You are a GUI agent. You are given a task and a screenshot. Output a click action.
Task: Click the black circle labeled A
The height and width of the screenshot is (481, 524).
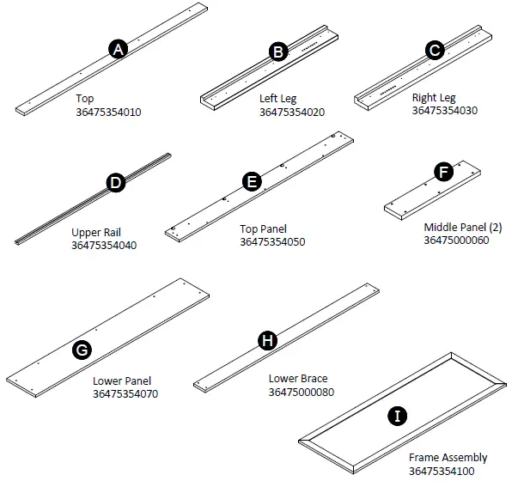coord(119,50)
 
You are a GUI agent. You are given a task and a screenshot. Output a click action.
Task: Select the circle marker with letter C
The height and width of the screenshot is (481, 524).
coord(436,51)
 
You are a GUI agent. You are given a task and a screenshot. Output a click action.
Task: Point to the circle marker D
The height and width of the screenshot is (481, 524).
coord(114,182)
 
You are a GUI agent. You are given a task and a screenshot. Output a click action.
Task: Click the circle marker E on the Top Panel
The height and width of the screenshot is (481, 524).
coord(252,181)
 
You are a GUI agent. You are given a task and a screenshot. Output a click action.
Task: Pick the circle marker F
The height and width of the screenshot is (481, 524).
coord(444,172)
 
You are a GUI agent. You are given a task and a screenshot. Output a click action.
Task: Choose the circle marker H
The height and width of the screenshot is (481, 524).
coord(268,341)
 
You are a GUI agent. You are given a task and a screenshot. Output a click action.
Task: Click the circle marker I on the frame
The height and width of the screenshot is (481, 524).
coord(396,417)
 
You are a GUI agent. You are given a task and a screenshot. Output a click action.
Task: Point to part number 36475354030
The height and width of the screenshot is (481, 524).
coord(444,110)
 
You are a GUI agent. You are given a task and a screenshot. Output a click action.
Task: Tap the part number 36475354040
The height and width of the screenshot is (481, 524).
coord(104,245)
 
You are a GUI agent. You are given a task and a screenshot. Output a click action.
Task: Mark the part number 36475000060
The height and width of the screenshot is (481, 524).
coord(456,240)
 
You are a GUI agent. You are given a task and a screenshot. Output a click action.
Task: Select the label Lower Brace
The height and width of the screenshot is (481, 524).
coord(297,379)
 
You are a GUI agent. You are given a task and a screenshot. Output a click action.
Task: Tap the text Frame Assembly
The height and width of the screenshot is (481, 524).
coord(448,458)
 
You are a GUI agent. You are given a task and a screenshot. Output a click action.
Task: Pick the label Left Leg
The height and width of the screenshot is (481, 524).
coord(277,99)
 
